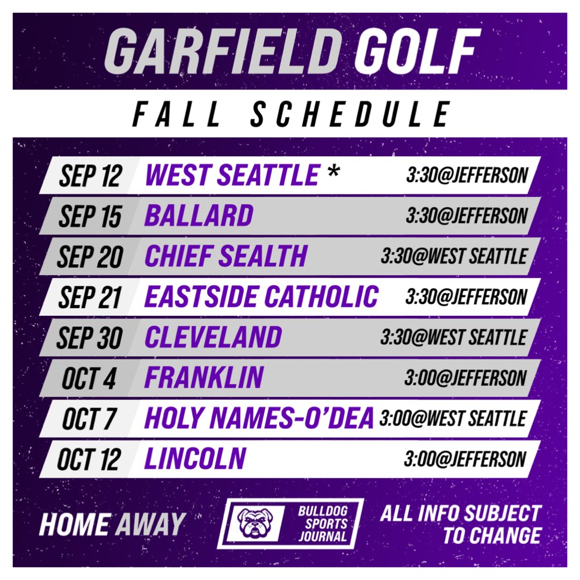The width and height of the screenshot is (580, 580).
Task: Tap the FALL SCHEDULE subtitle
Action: (x=290, y=114)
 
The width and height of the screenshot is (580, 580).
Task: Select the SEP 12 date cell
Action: (x=90, y=175)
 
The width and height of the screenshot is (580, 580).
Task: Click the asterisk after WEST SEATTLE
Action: (x=334, y=173)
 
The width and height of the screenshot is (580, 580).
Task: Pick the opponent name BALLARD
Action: (x=199, y=216)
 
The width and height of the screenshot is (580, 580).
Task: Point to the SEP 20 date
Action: (x=90, y=257)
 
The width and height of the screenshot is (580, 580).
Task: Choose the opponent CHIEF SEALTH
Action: (x=226, y=257)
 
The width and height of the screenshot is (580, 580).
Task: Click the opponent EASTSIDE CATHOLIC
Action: (x=262, y=297)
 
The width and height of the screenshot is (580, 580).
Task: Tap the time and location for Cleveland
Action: (x=453, y=338)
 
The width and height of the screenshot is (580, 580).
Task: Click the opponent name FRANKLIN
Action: (x=204, y=378)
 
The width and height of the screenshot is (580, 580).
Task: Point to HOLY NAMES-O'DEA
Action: (x=259, y=419)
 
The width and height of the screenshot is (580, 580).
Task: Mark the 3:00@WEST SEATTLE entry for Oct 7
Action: (x=452, y=418)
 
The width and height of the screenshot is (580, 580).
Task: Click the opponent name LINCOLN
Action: (x=195, y=460)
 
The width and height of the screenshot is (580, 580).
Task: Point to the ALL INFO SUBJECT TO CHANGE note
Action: (x=460, y=523)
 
